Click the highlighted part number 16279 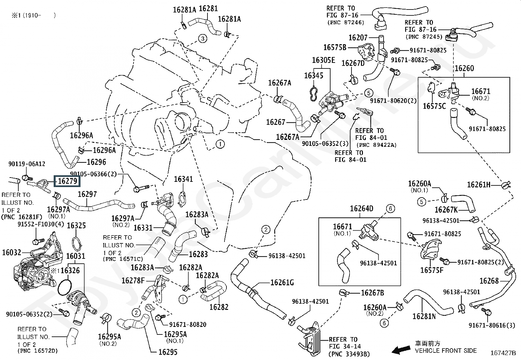(x=67, y=180)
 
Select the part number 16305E (x=323, y=60)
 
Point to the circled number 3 (x=203, y=39)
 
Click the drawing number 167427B (x=503, y=353)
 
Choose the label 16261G (x=282, y=282)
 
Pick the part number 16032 (x=11, y=252)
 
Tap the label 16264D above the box (x=361, y=209)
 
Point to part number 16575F (x=432, y=270)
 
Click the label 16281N (x=424, y=316)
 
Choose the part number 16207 (x=358, y=38)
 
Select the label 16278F (x=133, y=281)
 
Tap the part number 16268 (x=489, y=281)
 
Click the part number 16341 (x=183, y=179)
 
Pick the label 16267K (x=446, y=210)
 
